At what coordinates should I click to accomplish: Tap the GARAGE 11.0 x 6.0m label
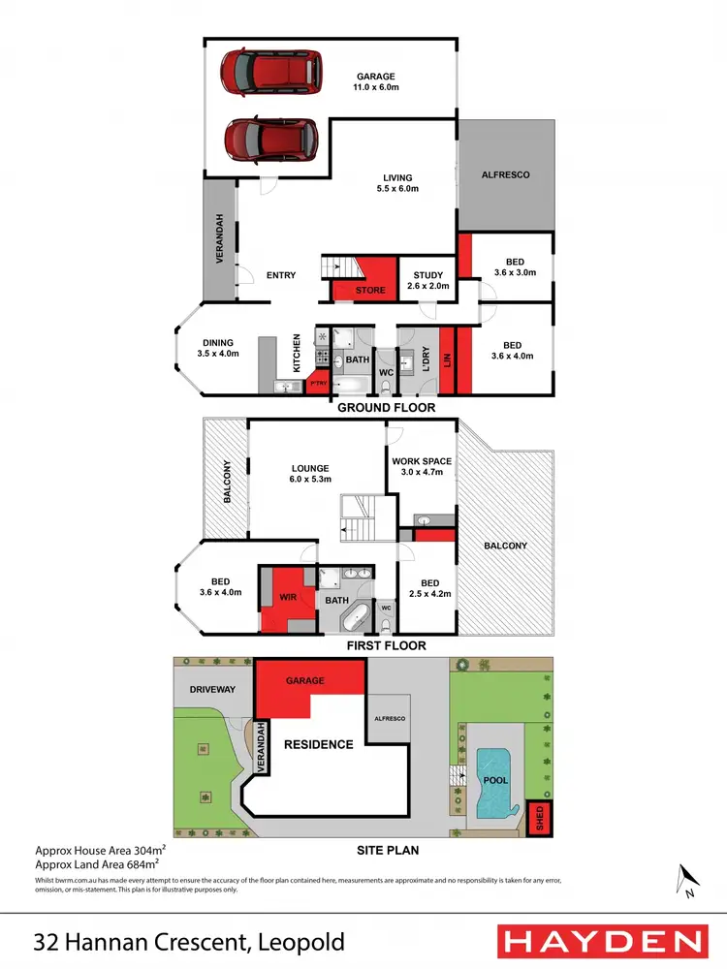[x=376, y=81]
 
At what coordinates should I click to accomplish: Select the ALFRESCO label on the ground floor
[x=506, y=175]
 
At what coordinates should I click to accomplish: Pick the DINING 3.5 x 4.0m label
[x=218, y=347]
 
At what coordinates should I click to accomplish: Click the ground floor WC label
[x=385, y=371]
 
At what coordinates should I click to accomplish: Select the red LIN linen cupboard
[x=447, y=359]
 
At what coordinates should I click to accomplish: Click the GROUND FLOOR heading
[x=386, y=408]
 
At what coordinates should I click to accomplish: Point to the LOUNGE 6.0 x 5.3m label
[x=310, y=474]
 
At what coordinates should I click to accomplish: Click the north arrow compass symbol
[x=687, y=880]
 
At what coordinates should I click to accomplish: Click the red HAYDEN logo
[x=601, y=942]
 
